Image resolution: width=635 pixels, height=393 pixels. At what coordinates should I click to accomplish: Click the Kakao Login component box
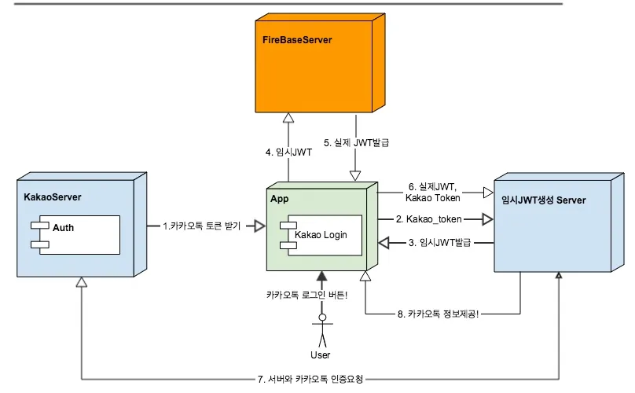point(322,233)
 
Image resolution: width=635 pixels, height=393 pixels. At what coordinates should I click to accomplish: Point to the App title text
point(279,199)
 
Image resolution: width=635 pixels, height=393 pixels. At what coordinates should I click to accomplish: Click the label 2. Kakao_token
point(429,219)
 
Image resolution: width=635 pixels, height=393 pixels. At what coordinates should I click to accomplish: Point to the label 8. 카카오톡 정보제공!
point(435,314)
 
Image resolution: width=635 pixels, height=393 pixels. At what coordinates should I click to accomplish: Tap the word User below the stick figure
point(321,354)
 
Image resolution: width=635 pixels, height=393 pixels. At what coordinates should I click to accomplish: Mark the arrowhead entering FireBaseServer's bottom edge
point(288,117)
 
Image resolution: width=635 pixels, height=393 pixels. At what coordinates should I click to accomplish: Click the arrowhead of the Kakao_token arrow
point(487,219)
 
